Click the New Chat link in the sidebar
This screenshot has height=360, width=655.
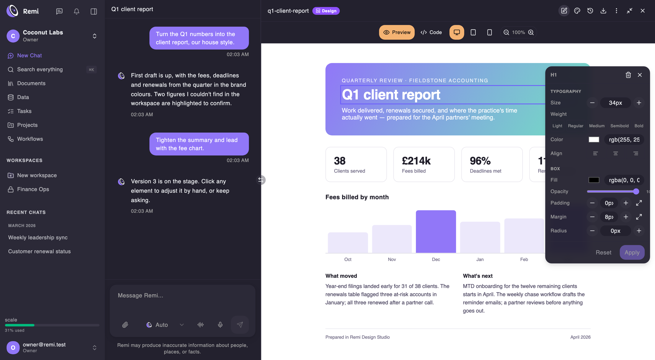(x=29, y=56)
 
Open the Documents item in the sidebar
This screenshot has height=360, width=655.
(x=31, y=83)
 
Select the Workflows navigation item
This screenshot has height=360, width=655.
(x=30, y=139)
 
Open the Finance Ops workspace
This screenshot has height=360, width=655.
(x=33, y=189)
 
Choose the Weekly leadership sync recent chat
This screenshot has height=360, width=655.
(x=38, y=237)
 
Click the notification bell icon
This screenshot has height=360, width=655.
(x=77, y=11)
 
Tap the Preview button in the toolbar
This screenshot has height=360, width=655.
(x=397, y=32)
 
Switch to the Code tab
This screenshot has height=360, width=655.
(x=431, y=32)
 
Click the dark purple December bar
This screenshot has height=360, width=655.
(x=436, y=231)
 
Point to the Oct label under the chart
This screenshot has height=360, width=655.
(x=348, y=259)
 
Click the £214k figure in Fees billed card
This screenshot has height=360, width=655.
(x=416, y=161)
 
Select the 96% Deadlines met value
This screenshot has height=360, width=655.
(x=480, y=161)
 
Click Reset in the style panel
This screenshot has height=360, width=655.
(x=603, y=252)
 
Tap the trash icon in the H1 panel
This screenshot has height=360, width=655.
(x=628, y=75)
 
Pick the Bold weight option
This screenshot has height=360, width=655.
(x=639, y=126)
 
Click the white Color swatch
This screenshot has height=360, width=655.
(x=594, y=140)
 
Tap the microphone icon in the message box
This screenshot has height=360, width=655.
(x=220, y=325)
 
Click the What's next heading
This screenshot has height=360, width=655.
(x=478, y=276)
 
